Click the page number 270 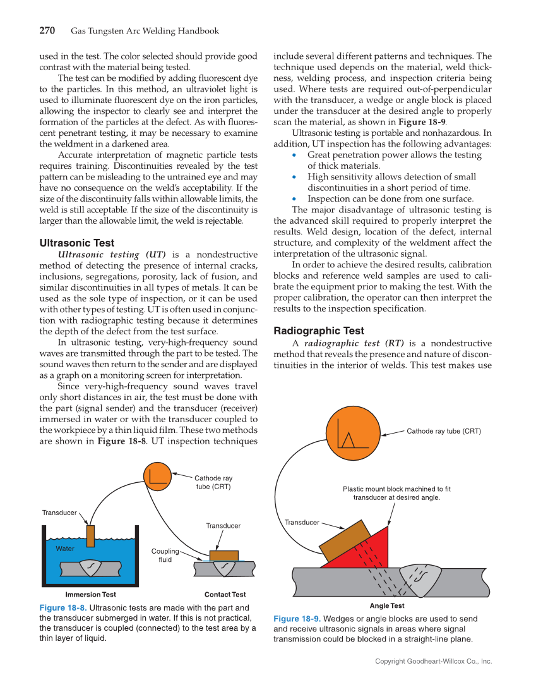click(x=48, y=31)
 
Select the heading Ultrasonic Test click(x=76, y=243)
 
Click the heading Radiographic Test click(x=318, y=331)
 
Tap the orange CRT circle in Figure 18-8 click(x=158, y=477)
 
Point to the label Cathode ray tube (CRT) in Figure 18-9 click(x=443, y=431)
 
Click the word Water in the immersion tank click(x=64, y=549)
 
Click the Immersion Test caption click(x=90, y=595)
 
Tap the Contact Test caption click(x=225, y=595)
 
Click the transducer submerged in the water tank click(x=90, y=535)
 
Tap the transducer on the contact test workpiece click(x=223, y=556)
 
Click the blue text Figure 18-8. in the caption click(x=63, y=607)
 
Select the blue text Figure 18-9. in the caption click(x=297, y=619)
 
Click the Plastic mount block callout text click(x=396, y=493)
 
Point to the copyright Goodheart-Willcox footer click(x=433, y=661)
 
